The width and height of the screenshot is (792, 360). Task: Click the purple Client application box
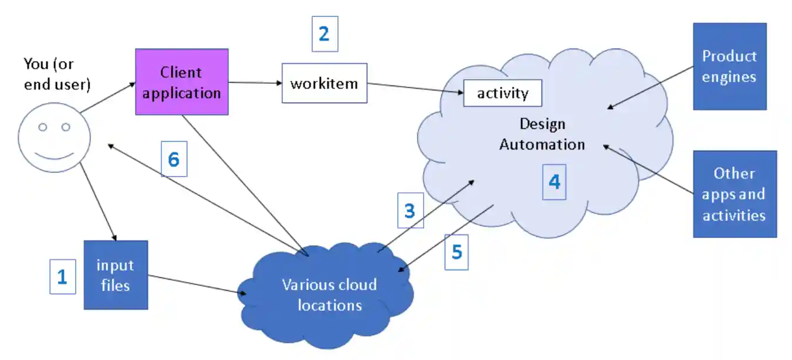pyautogui.click(x=182, y=83)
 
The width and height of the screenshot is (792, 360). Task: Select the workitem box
pyautogui.click(x=324, y=83)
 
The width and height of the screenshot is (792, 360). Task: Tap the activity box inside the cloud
pyautogui.click(x=502, y=93)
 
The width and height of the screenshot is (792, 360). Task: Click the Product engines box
pyautogui.click(x=729, y=66)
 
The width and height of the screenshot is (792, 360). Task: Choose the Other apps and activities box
pyautogui.click(x=735, y=194)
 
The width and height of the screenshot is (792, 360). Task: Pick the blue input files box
pyautogui.click(x=116, y=275)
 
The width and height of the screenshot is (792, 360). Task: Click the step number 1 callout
pyautogui.click(x=62, y=277)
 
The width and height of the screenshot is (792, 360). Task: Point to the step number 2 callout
pyautogui.click(x=324, y=34)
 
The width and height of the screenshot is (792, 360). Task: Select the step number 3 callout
pyautogui.click(x=410, y=210)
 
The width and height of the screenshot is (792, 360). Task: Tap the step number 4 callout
pyautogui.click(x=554, y=182)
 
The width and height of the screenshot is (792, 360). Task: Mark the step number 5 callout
pyautogui.click(x=456, y=252)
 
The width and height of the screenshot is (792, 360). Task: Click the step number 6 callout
pyautogui.click(x=174, y=159)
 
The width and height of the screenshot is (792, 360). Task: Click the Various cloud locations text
pyautogui.click(x=329, y=295)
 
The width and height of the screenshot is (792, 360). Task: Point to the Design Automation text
pyautogui.click(x=542, y=134)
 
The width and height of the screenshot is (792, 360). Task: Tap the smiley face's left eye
pyautogui.click(x=43, y=127)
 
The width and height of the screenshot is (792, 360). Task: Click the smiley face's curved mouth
pyautogui.click(x=54, y=156)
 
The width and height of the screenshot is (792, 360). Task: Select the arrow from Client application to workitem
pyautogui.click(x=255, y=83)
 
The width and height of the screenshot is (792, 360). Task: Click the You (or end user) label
pyautogui.click(x=57, y=74)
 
